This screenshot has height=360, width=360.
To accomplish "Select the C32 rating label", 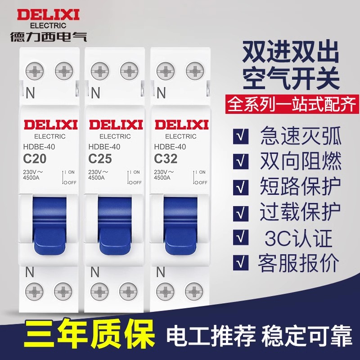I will (166, 158).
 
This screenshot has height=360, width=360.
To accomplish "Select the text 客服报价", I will (300, 264).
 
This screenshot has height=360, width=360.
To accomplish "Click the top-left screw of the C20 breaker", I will (33, 71).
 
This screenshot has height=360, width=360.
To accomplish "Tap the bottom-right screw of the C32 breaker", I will (194, 289).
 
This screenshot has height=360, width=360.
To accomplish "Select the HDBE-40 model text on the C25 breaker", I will (103, 146).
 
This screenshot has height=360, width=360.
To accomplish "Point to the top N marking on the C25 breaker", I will (96, 93).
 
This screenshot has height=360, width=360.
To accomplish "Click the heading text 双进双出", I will (291, 54).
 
